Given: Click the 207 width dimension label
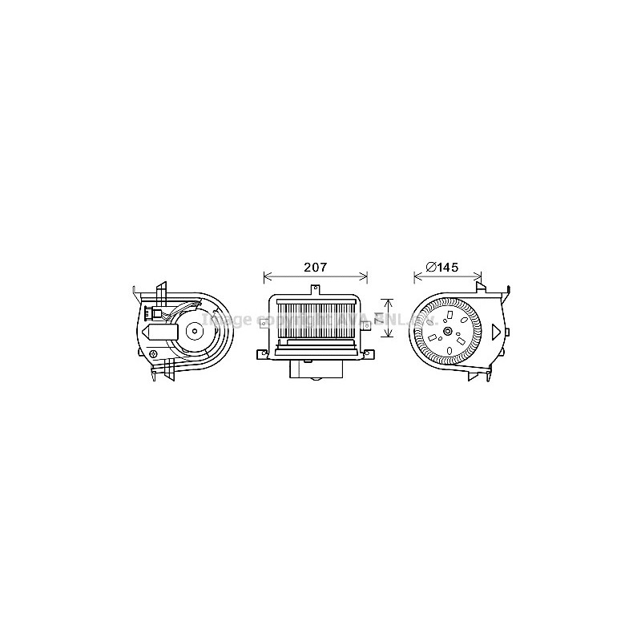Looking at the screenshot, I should coord(314,267).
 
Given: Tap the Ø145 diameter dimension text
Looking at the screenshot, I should coord(441,267).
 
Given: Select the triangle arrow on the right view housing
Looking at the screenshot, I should coord(496,329).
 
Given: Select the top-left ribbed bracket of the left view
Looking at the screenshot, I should coord(160,292).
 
